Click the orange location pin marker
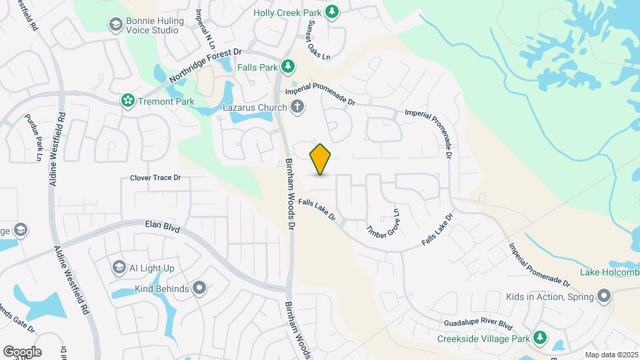[320, 159]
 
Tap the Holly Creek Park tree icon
[332, 12]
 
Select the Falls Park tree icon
[287, 66]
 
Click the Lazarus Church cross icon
[297, 107]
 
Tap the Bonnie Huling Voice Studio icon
[115, 25]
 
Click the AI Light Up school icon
[119, 267]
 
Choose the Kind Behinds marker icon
[199, 288]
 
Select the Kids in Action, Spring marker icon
[604, 295]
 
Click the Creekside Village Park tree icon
[539, 339]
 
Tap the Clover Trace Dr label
[155, 178]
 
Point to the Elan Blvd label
[163, 228]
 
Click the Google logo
[22, 352]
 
